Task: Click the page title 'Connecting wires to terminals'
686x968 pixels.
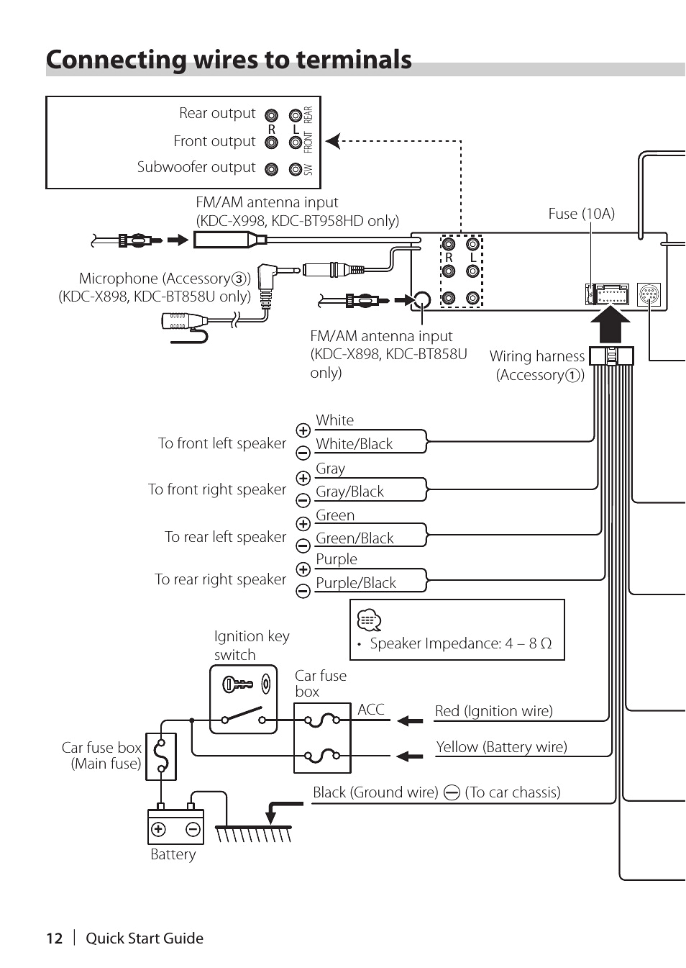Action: (x=229, y=60)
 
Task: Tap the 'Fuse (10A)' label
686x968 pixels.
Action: (x=581, y=214)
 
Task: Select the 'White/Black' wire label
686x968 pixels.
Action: (x=354, y=444)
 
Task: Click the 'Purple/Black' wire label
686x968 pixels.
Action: (x=355, y=583)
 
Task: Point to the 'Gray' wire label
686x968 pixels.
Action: (x=330, y=469)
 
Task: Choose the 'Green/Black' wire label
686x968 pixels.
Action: (x=355, y=538)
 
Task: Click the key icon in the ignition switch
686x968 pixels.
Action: (x=237, y=684)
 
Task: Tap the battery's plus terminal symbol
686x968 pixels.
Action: (x=158, y=829)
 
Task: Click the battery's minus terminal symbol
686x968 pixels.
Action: (x=193, y=829)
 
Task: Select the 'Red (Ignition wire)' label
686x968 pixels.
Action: (x=493, y=711)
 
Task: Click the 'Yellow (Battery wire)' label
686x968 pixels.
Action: (x=501, y=747)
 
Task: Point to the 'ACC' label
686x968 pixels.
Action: (x=371, y=710)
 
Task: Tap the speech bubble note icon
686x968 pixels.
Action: (x=369, y=620)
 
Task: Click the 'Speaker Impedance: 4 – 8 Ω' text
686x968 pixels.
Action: (x=460, y=643)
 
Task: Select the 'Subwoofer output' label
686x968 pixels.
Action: (x=196, y=167)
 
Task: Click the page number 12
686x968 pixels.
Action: (x=54, y=938)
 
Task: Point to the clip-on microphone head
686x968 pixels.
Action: (x=177, y=321)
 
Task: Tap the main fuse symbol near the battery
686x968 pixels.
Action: (x=161, y=756)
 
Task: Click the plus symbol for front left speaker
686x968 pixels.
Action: (x=303, y=430)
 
